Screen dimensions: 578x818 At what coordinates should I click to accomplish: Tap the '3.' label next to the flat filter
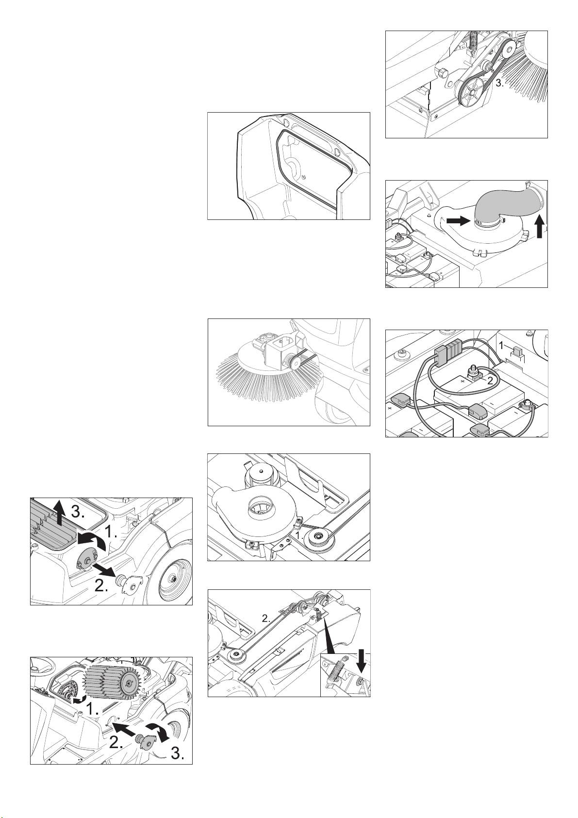(x=78, y=512)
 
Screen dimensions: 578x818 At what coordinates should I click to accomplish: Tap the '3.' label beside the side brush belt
(x=500, y=83)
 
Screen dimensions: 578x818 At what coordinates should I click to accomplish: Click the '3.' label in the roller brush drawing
(x=177, y=753)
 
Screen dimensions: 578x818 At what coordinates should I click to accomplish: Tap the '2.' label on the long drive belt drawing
(x=266, y=619)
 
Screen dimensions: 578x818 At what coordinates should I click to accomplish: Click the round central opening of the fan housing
(x=259, y=506)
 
